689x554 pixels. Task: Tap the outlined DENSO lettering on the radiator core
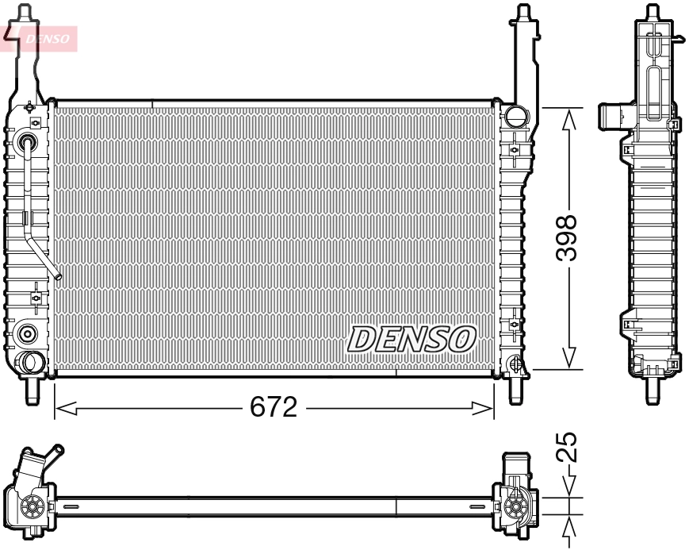tap(411, 339)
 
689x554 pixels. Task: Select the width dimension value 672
tap(273, 408)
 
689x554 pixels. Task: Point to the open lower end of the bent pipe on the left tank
tap(58, 276)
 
